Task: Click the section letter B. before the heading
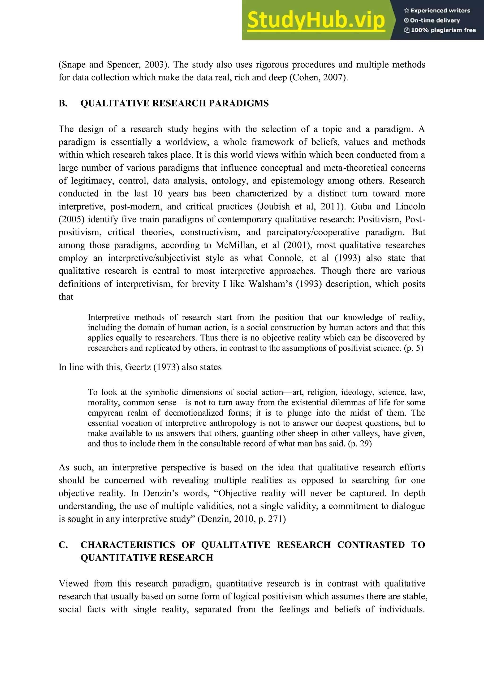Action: point(63,103)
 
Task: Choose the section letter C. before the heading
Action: point(63,545)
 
